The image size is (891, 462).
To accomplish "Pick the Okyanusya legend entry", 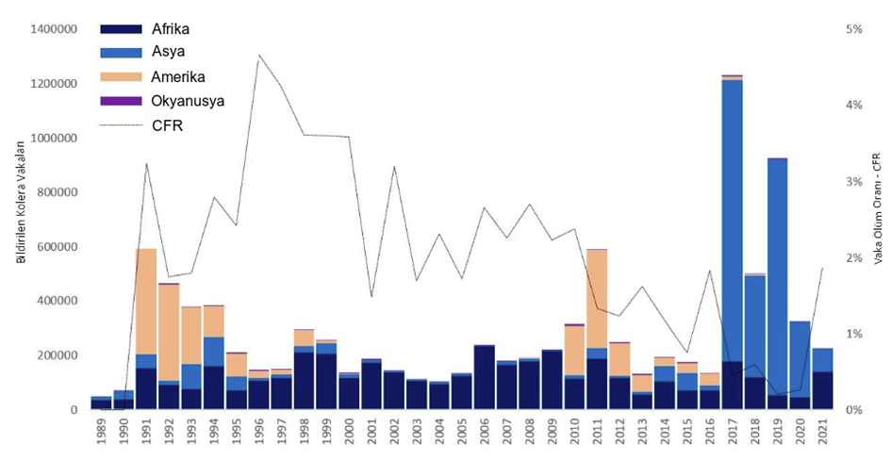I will (x=188, y=101).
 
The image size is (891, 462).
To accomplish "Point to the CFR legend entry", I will (x=166, y=124).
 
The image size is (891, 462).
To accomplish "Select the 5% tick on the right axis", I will (x=854, y=29).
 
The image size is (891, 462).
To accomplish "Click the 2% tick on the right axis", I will (x=854, y=257).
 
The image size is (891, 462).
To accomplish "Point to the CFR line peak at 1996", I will (x=258, y=57).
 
